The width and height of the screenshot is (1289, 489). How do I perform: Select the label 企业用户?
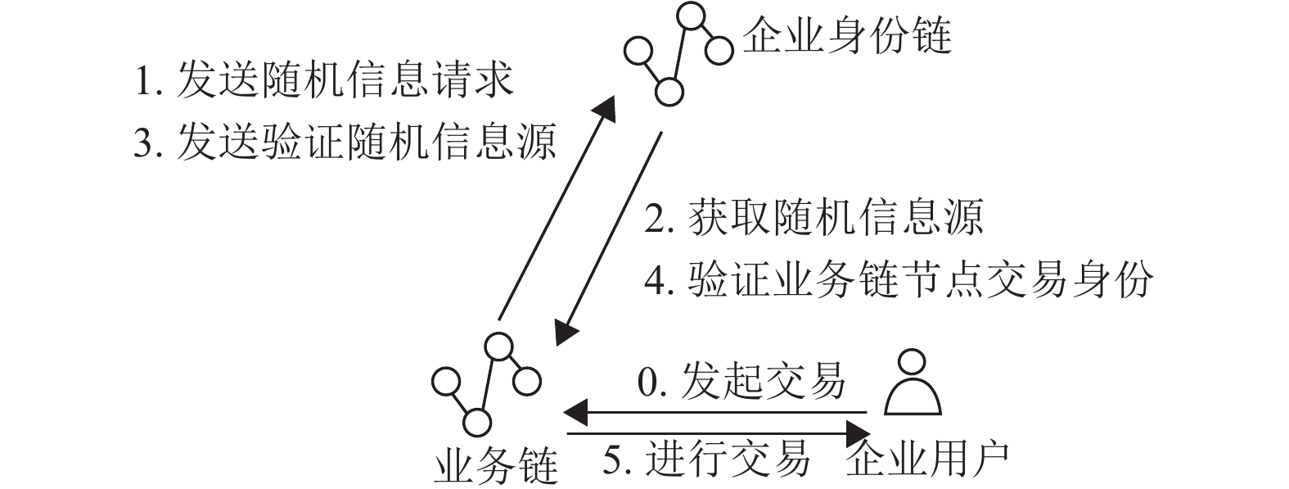coord(926,460)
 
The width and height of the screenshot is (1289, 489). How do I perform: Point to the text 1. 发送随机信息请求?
coord(324,81)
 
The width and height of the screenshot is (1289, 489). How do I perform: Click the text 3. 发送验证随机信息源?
coord(345,142)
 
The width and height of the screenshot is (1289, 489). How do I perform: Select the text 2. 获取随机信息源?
coord(814,218)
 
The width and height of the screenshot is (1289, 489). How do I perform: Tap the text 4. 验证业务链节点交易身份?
coord(899,280)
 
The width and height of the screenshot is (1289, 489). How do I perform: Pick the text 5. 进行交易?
coord(706,459)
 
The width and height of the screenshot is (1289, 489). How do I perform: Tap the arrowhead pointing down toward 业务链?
coord(565,332)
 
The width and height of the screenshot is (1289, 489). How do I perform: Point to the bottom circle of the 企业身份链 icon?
coord(668,90)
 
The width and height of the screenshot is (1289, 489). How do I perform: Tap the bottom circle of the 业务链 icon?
coord(476,422)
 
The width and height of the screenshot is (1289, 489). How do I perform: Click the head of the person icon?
coord(912,362)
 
